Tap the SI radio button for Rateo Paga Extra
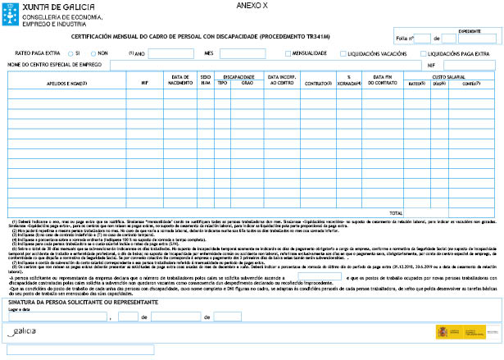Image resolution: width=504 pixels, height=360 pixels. tap(69, 53)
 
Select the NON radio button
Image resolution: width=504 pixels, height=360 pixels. tap(93, 53)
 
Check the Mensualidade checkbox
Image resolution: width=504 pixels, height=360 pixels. tap(288, 53)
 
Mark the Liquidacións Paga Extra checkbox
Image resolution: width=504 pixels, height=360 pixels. tap(425, 53)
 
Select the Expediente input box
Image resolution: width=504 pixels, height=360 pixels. tap(470, 36)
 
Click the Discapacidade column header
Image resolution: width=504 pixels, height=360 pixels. tap(238, 75)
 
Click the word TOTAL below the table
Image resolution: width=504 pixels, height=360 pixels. tap(396, 212)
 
